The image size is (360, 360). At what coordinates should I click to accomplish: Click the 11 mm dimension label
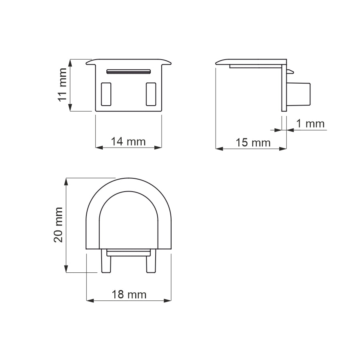pos(62,85)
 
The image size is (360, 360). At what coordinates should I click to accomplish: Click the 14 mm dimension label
pos(128,141)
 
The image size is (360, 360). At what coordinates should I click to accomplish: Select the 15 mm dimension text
pos(253,142)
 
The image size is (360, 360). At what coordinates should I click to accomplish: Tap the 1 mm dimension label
pos(310,124)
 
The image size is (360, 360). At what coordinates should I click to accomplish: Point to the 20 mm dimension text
pos(59,225)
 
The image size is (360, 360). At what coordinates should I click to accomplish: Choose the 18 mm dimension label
pos(129,295)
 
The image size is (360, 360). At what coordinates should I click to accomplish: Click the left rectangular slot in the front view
pos(106,94)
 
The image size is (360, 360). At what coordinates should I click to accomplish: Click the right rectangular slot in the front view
pos(151,94)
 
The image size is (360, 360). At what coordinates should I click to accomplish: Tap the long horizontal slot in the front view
pos(128,72)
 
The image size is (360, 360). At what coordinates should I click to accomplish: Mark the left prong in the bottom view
pos(106,262)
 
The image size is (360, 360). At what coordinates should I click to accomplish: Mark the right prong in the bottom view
pos(151,262)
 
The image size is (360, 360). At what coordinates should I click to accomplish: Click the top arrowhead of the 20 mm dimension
pos(67,181)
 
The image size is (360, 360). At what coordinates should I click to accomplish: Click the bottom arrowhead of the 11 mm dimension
pos(70,108)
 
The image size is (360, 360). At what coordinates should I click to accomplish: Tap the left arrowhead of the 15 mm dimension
pos(219,148)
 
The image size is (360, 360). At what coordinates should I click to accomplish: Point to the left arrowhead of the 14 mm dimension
pos(99,147)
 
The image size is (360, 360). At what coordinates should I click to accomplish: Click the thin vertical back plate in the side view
pos(284,88)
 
